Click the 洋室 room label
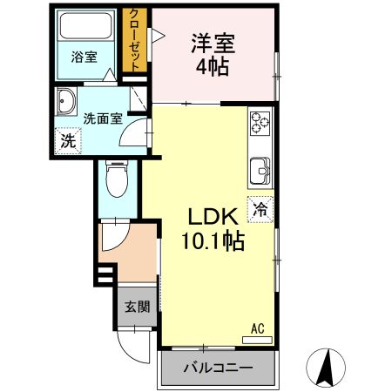(x=213, y=44)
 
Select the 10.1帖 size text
(x=213, y=240)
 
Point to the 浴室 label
(x=84, y=57)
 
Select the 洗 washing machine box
(x=67, y=140)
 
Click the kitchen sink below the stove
(x=260, y=171)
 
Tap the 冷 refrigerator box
(x=260, y=208)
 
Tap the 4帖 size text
(x=213, y=67)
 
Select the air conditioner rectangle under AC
(x=257, y=338)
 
